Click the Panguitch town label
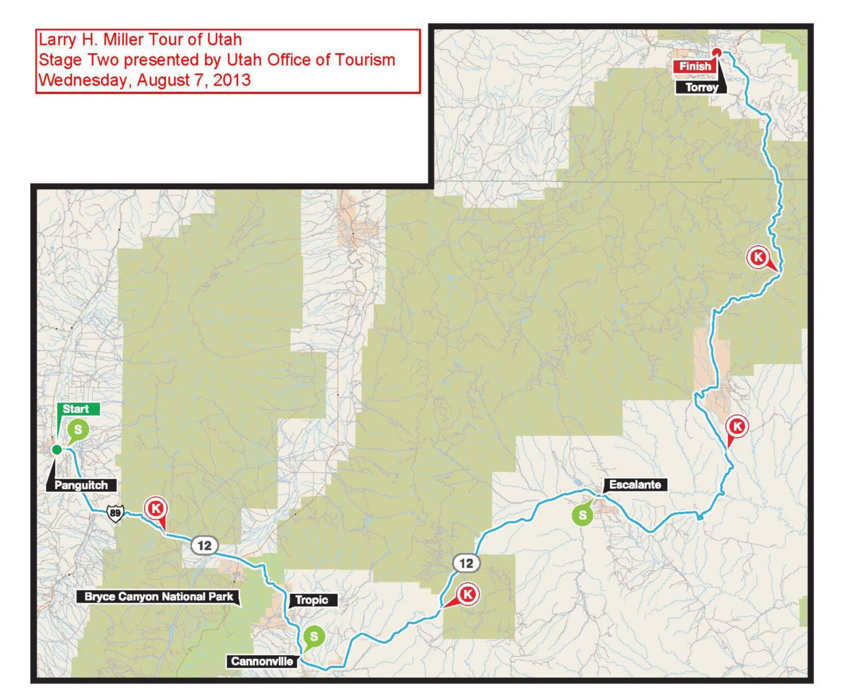pyautogui.click(x=81, y=485)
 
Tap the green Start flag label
pyautogui.click(x=77, y=409)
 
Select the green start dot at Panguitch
pyautogui.click(x=56, y=450)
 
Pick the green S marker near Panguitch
pyautogui.click(x=78, y=430)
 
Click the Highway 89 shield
pyautogui.click(x=115, y=513)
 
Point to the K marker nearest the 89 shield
pyautogui.click(x=155, y=509)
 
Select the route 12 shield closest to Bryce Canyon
pyautogui.click(x=204, y=545)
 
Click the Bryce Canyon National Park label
pyautogui.click(x=159, y=597)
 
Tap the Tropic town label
pyautogui.click(x=312, y=600)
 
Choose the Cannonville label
pyautogui.click(x=262, y=662)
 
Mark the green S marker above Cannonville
pyautogui.click(x=314, y=636)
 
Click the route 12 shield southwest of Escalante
pyautogui.click(x=466, y=563)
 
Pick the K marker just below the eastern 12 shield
pyautogui.click(x=468, y=594)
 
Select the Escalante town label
pyautogui.click(x=635, y=485)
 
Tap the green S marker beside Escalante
pyautogui.click(x=583, y=515)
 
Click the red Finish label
pyautogui.click(x=695, y=66)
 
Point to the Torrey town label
pyautogui.click(x=701, y=88)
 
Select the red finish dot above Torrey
pyautogui.click(x=716, y=53)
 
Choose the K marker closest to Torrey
pyautogui.click(x=758, y=257)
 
